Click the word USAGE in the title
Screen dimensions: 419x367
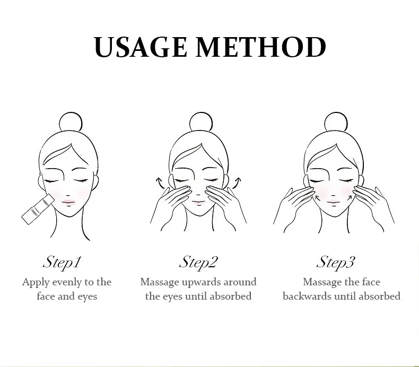[x=141, y=47]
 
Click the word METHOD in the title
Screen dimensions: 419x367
[x=261, y=47]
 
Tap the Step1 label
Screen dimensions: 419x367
[x=62, y=262]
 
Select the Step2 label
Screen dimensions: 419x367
[x=198, y=262]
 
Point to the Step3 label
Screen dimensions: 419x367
[x=336, y=262]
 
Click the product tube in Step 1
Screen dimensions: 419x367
[x=38, y=209]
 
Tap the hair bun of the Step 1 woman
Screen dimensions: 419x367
[x=71, y=122]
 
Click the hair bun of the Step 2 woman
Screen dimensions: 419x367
[x=201, y=122]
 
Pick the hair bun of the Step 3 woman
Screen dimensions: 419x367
[x=336, y=122]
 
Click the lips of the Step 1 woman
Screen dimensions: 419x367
[x=68, y=202]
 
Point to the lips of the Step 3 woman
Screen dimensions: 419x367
[x=334, y=203]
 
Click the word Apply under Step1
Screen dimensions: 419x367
[x=36, y=282]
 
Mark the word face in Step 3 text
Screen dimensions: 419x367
[x=371, y=282]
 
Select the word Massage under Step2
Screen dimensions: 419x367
[x=160, y=282]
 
